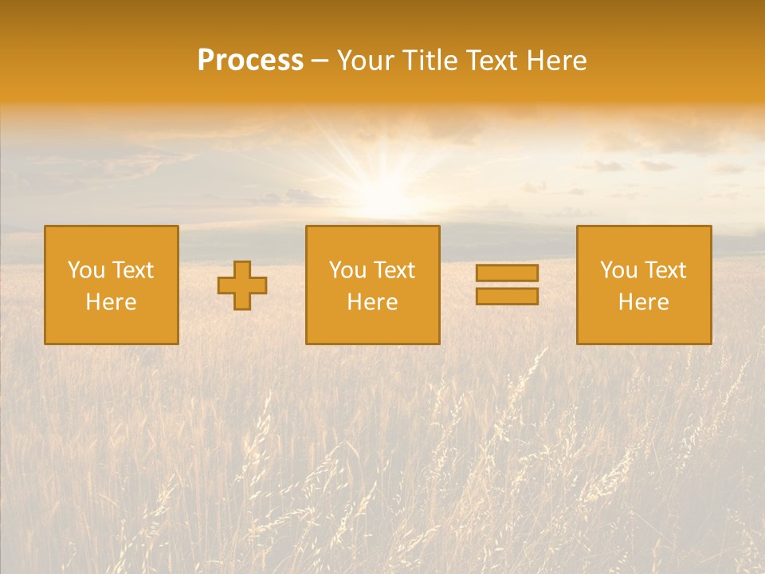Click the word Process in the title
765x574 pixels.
click(250, 61)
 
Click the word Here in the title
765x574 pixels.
click(558, 61)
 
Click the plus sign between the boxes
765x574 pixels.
click(243, 285)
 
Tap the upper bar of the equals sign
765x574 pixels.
click(507, 273)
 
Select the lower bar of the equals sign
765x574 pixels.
click(507, 297)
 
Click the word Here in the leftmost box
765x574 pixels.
click(112, 302)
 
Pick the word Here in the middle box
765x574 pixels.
click(373, 302)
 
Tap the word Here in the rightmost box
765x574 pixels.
click(644, 302)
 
